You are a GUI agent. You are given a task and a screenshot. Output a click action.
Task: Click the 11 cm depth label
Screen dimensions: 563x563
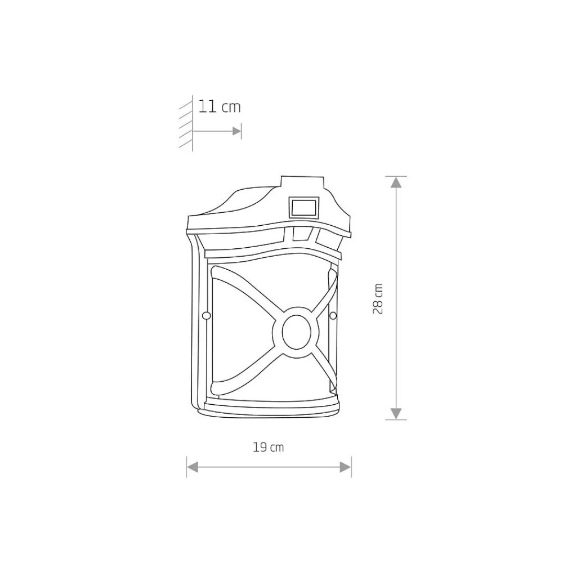[x=220, y=107]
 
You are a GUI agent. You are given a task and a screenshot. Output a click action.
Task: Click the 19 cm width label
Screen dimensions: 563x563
[x=268, y=448]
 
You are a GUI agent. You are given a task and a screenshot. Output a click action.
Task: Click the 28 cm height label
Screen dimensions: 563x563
[x=378, y=299]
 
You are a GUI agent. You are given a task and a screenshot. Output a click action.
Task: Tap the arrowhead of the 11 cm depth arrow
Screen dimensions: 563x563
[x=236, y=131]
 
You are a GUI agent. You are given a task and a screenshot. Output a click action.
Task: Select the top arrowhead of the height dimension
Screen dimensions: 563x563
[x=396, y=182]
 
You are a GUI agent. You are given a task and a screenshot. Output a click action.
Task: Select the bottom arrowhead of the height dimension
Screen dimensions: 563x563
[x=396, y=414]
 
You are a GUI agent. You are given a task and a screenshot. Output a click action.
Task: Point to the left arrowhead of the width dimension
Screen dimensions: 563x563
[x=193, y=467]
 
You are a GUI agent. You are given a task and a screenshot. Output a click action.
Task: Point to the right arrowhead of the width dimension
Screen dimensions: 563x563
[x=346, y=467]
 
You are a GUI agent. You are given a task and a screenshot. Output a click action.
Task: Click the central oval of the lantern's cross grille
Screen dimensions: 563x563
[x=296, y=332]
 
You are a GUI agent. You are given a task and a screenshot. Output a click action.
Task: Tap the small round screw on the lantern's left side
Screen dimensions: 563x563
[x=207, y=316]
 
